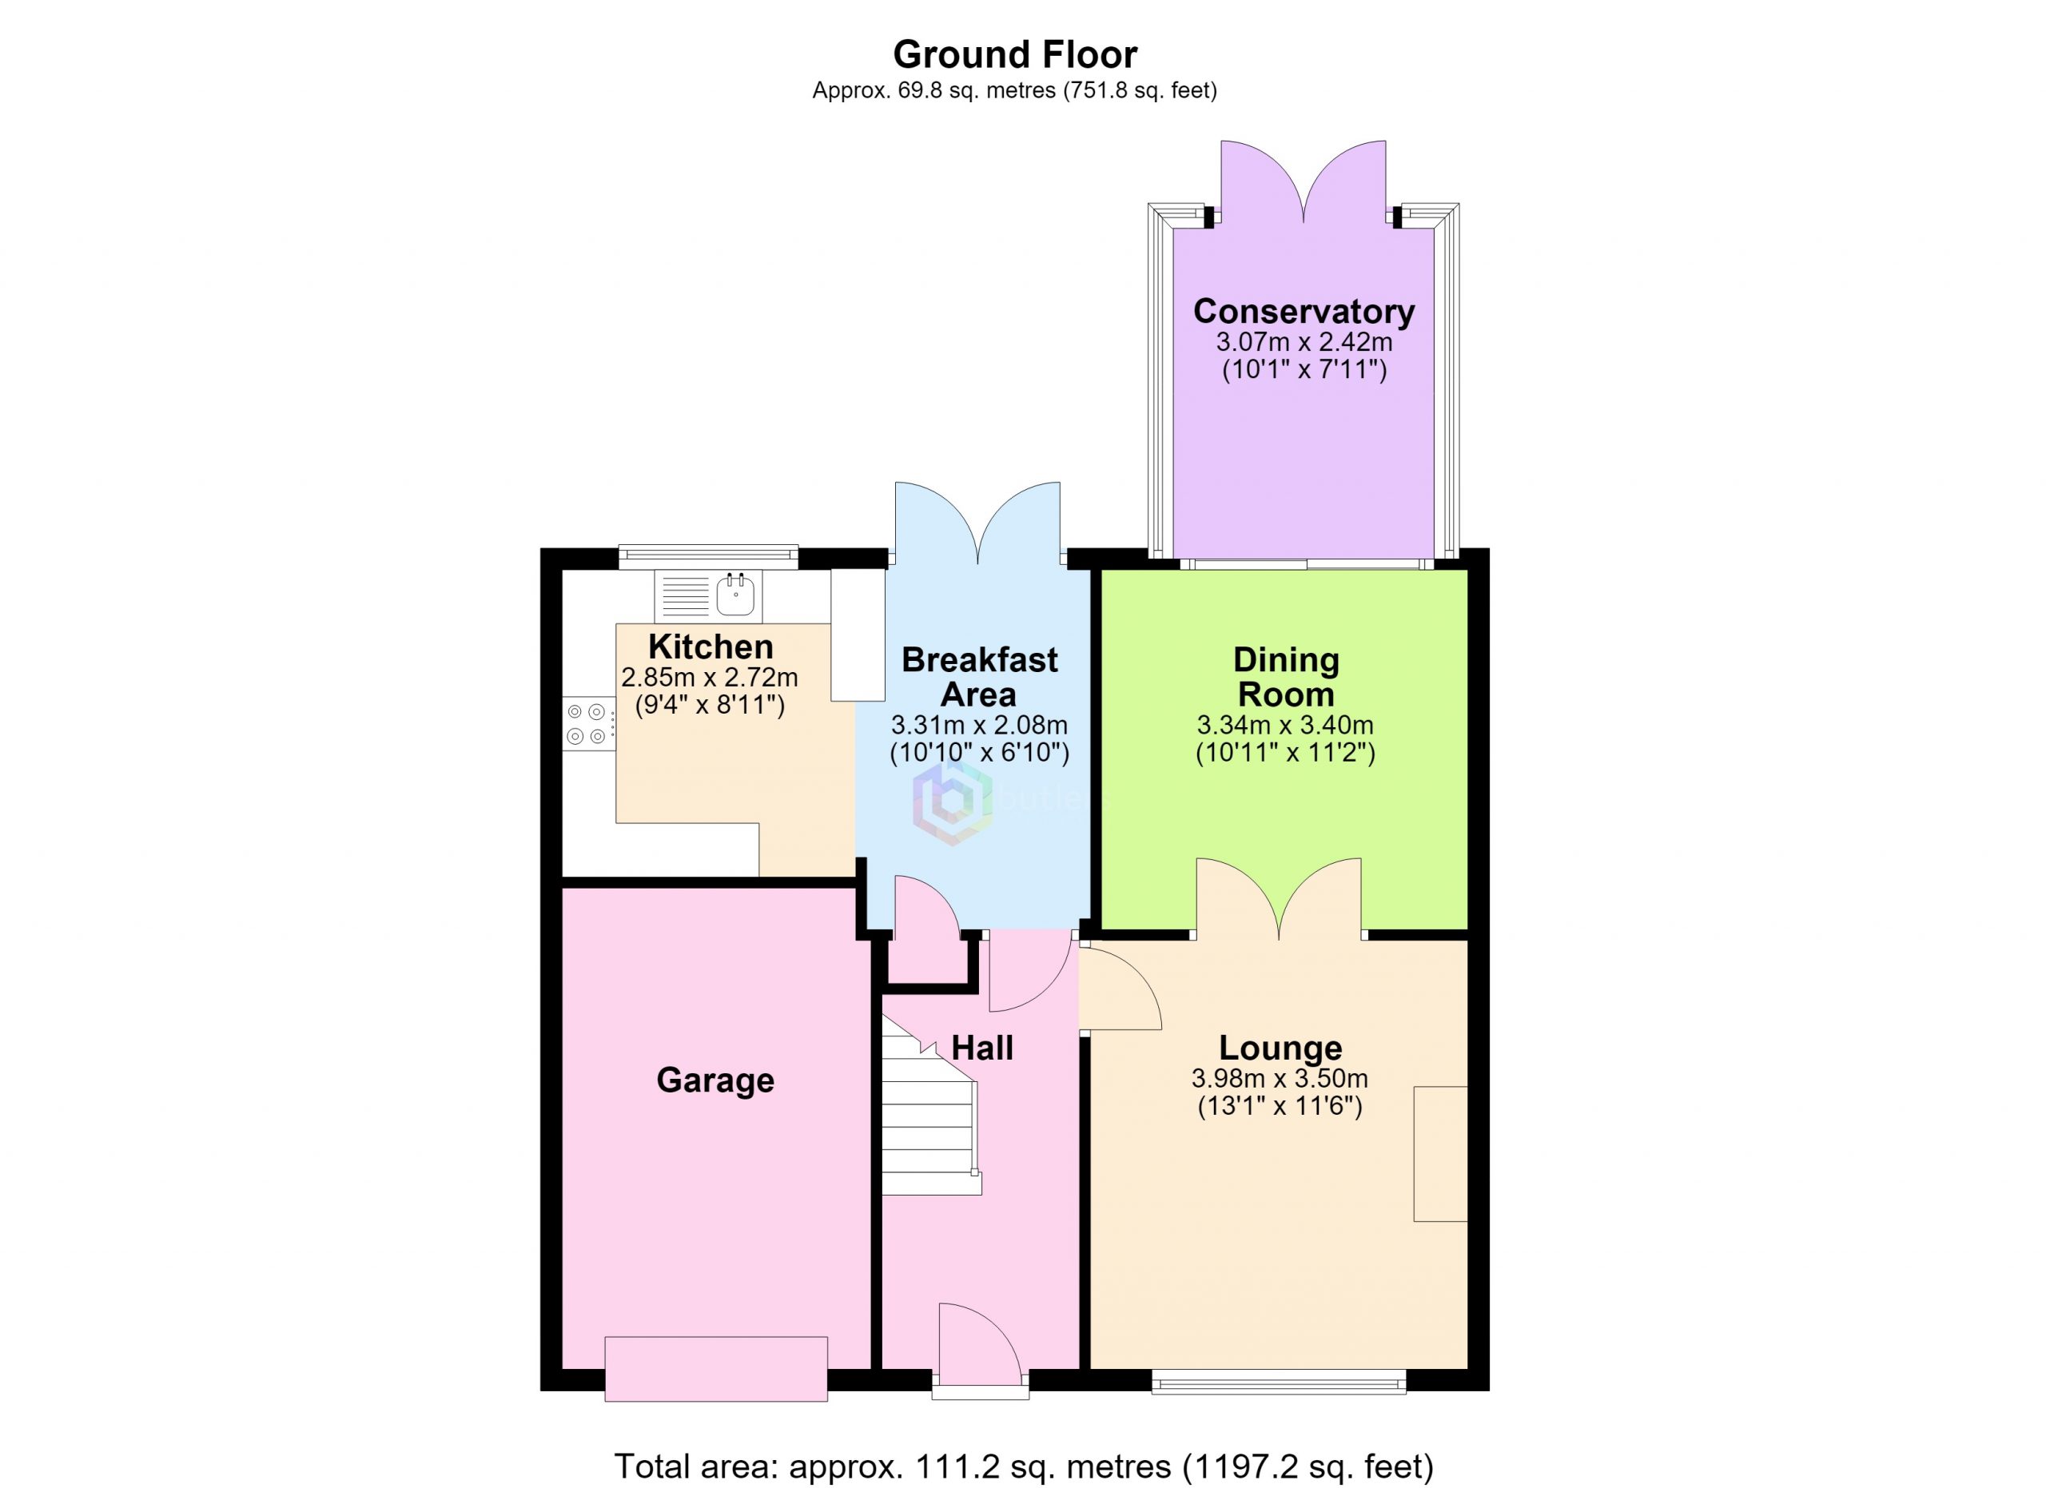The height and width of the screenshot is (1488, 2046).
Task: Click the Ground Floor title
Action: pyautogui.click(x=1015, y=55)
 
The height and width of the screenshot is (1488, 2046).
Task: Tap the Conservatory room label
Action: pyautogui.click(x=1304, y=311)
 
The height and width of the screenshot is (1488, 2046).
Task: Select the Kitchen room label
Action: pyautogui.click(x=711, y=647)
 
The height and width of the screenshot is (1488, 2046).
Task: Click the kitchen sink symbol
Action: pyautogui.click(x=708, y=595)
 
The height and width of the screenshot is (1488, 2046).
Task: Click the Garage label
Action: pyautogui.click(x=715, y=1080)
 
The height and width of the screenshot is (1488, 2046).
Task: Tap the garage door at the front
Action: pyautogui.click(x=716, y=1369)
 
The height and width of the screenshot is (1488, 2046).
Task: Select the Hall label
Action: pyautogui.click(x=982, y=1048)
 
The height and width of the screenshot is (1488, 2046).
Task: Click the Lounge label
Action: pyautogui.click(x=1280, y=1048)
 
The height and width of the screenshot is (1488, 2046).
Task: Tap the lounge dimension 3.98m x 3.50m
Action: pyautogui.click(x=1280, y=1078)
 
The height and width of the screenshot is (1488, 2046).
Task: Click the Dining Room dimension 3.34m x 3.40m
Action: pyautogui.click(x=1285, y=724)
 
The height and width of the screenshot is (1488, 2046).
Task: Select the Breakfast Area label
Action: pyautogui.click(x=980, y=677)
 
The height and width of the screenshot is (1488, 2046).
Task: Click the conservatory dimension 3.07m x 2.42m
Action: pyautogui.click(x=1304, y=342)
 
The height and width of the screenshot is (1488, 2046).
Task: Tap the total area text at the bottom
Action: pyautogui.click(x=1024, y=1466)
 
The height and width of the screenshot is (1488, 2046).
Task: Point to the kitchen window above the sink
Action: pyautogui.click(x=708, y=556)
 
